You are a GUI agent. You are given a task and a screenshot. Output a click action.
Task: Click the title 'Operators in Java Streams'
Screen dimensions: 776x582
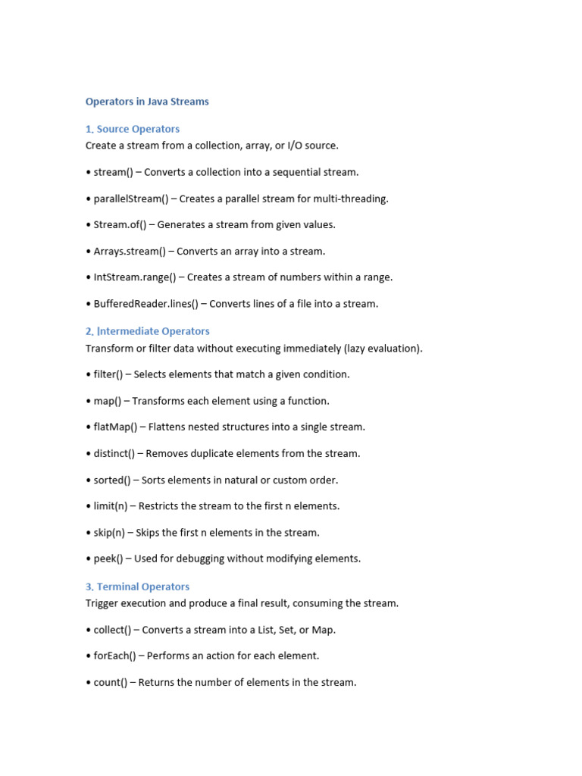[147, 102]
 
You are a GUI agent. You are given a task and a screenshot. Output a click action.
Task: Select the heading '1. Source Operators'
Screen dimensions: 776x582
[133, 129]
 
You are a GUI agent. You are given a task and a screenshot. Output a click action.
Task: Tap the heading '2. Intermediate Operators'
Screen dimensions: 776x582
[148, 331]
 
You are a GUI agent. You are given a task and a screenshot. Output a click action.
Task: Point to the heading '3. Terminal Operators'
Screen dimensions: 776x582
[137, 587]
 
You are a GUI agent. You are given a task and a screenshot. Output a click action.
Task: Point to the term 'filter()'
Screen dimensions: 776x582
[108, 374]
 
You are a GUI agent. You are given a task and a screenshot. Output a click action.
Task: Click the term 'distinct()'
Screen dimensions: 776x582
[114, 453]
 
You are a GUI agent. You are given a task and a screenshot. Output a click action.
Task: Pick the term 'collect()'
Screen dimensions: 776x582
[112, 630]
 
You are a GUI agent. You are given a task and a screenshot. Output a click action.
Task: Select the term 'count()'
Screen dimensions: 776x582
[111, 682]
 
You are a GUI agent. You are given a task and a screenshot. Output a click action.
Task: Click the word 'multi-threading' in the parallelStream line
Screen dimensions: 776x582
[352, 199]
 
